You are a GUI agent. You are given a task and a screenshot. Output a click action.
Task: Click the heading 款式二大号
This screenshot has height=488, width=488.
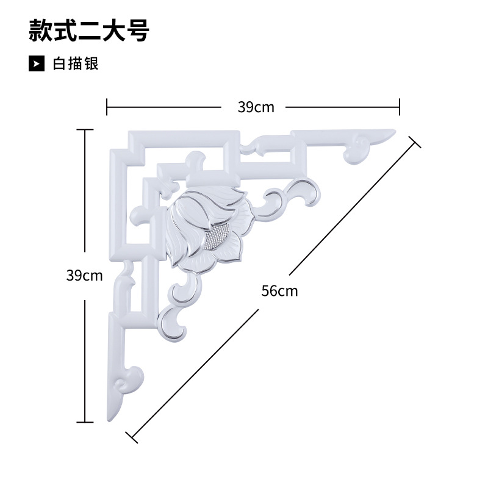point(89,30)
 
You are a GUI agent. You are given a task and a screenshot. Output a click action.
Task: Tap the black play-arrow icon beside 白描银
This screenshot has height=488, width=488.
point(37,63)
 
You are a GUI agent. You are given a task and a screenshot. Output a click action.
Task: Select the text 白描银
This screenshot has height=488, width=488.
point(76,63)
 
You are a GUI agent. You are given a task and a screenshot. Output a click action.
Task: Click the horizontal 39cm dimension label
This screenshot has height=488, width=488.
point(256,107)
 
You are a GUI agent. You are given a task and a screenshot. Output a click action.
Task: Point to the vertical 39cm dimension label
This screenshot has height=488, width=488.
point(84,275)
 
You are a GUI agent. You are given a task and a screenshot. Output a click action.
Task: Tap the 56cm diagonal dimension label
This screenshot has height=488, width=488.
point(279,290)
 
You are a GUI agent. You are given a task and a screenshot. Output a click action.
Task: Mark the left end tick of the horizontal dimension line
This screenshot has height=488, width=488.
point(107,107)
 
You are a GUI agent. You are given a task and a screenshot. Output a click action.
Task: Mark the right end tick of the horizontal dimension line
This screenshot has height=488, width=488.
point(400,107)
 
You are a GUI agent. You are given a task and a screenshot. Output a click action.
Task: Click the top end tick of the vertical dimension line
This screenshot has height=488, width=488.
point(85,130)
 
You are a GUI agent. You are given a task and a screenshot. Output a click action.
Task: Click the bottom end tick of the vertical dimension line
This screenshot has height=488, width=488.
point(85,422)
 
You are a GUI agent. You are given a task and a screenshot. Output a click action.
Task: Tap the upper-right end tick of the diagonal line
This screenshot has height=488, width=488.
point(415,142)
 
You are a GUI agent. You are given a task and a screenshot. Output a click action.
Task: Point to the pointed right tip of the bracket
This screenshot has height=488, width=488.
point(393,131)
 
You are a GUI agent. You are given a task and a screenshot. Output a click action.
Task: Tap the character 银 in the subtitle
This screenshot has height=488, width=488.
point(91,63)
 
